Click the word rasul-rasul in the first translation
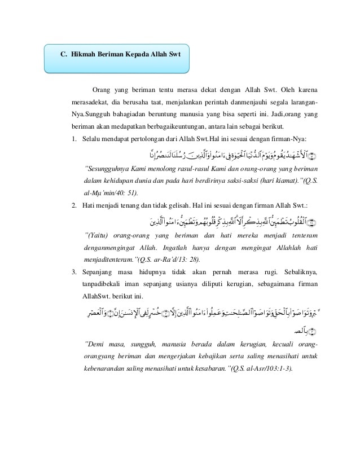point(190,168)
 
